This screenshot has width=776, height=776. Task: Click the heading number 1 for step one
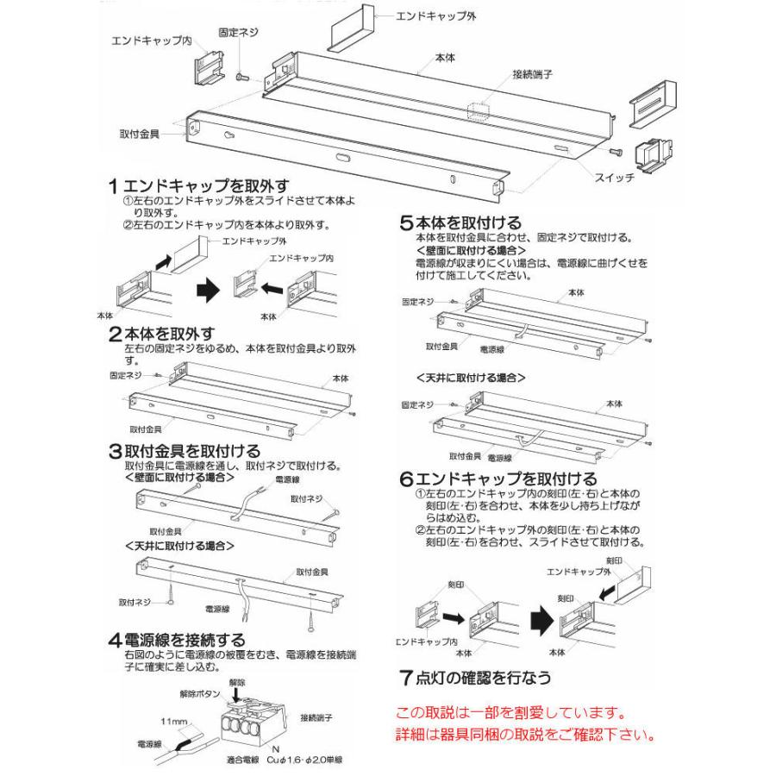pos(113,185)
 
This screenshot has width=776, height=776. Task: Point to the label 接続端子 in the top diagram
pos(532,75)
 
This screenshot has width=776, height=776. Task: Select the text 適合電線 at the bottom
pos(220,760)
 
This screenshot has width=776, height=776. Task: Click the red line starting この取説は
pos(510,714)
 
